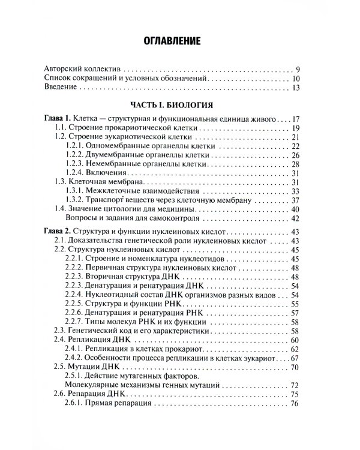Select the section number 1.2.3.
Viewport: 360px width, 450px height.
[77, 164]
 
